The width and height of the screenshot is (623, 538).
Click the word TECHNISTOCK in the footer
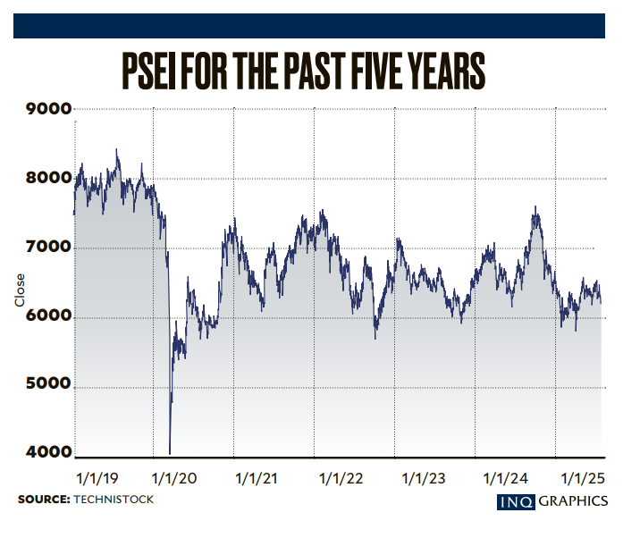tap(114, 499)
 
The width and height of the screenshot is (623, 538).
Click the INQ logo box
tap(516, 501)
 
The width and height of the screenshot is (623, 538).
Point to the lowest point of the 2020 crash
tap(170, 453)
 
